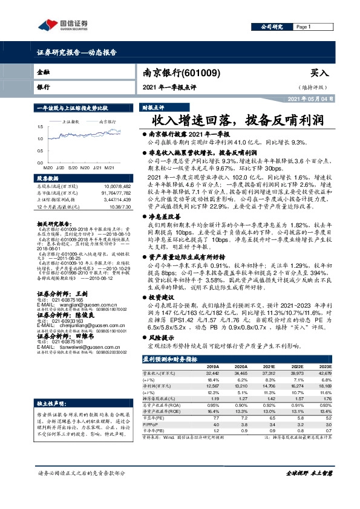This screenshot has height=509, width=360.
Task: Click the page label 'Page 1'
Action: tap(303, 28)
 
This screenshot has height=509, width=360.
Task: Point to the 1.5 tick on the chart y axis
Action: tap(40, 126)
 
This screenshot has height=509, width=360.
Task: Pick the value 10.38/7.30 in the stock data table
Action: tap(114, 207)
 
